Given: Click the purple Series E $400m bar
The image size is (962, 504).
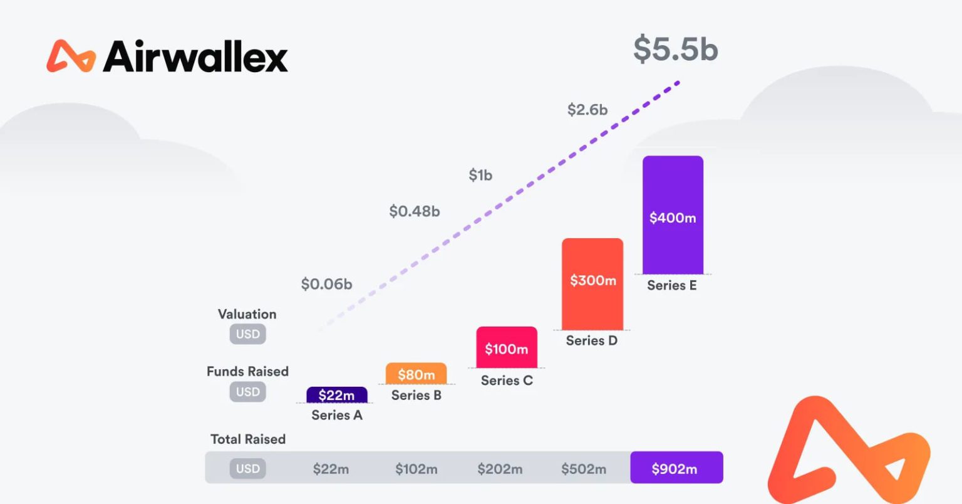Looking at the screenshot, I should coord(673,215).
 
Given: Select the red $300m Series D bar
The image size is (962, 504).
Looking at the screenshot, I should coord(592,283).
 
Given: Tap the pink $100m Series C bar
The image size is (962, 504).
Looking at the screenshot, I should coord(507,348).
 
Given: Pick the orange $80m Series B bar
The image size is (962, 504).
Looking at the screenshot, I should coord(416,374).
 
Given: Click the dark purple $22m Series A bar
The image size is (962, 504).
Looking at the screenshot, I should coord(337,395).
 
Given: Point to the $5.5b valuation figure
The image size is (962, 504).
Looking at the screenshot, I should coord(675,49).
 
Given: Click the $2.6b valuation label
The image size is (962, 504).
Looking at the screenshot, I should coord(587,110).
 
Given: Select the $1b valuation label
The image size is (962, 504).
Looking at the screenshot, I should coord(480,175).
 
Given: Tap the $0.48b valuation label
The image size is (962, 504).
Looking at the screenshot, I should coord(415,211).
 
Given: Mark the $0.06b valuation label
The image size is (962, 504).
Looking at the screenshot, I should coord(326,284).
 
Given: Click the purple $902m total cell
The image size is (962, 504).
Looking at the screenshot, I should coord(676,468).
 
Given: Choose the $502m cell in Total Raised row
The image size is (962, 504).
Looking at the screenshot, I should coord(584,469).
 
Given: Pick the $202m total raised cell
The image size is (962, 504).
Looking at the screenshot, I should coord(500,469).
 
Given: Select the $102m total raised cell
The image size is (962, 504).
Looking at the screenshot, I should coord(416,469).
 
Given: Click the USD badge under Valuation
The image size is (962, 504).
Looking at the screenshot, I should coord(248,334).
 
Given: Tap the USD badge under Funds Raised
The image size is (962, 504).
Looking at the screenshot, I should coord(248,392).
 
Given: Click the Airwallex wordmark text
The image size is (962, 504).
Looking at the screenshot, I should coord(195,57).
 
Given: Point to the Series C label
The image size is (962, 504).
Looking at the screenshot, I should coord(507,381).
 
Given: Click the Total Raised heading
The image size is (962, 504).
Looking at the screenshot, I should coord(248,439).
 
